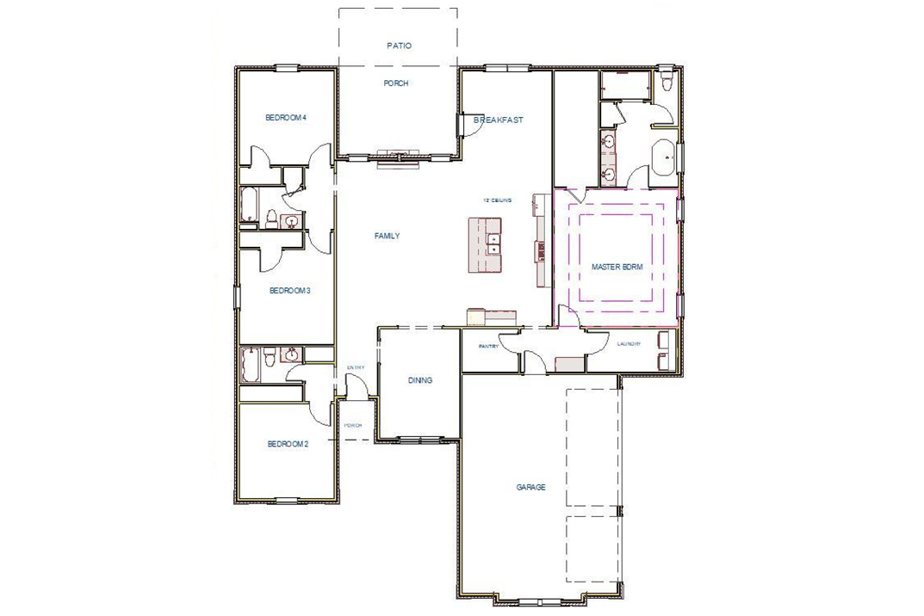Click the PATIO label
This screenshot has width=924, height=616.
pos(398,46)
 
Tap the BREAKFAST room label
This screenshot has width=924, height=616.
pos(499,120)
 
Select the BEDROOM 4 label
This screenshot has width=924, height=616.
pos(286,118)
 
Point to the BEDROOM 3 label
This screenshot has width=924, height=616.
pos(289,291)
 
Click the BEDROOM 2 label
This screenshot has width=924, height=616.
pos(288,444)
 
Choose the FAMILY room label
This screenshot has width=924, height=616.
pos(387,236)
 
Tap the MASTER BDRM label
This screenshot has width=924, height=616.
pos(617,268)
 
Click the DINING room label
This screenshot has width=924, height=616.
pos(420,380)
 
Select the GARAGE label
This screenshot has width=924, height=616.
pos(530,487)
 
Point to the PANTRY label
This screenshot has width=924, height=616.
pos(488,347)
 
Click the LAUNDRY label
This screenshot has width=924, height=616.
pos(629,345)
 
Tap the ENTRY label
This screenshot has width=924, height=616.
pos(356,368)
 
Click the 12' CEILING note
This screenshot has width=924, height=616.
pos(497,200)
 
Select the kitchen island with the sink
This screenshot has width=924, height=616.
pos(485,245)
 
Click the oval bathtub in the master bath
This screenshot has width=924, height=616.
pos(664,158)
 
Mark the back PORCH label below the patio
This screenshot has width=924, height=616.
pos(396,83)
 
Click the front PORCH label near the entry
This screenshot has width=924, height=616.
pos(353,426)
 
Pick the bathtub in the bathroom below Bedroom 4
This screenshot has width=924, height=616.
pos(247,206)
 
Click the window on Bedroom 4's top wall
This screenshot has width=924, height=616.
pos(287,68)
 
